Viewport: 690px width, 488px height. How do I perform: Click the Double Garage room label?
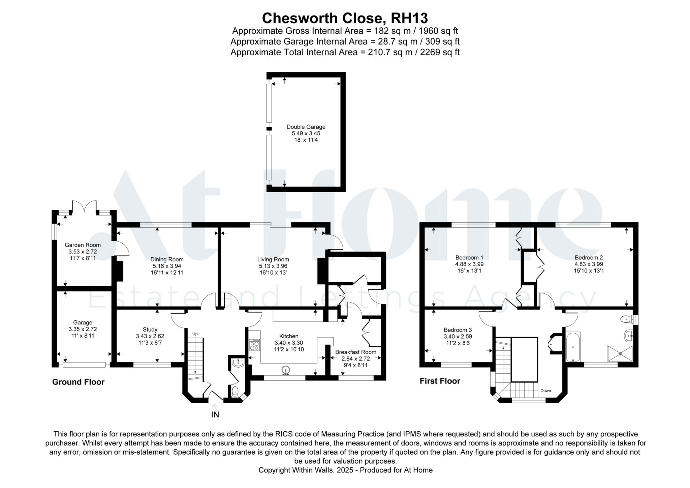[x=306, y=127]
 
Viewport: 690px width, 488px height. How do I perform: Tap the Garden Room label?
[x=83, y=245]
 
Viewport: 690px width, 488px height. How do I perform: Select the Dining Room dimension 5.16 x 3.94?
[x=167, y=266]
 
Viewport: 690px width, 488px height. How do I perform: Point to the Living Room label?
[x=273, y=259]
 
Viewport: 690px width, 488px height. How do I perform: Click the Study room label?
[x=150, y=329]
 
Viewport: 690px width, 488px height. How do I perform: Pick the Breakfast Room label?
[x=355, y=352]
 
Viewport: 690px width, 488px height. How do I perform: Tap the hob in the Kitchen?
[x=254, y=345]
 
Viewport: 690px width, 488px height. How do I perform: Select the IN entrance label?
[x=215, y=415]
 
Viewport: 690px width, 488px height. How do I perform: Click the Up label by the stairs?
[x=195, y=334]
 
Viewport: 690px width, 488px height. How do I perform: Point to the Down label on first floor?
[x=545, y=391]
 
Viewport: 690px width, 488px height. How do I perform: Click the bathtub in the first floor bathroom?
[x=573, y=347]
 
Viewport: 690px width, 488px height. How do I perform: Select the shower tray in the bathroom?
[x=620, y=353]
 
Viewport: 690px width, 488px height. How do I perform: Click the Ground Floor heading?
[x=78, y=382]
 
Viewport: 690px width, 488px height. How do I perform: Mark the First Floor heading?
[x=440, y=381]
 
